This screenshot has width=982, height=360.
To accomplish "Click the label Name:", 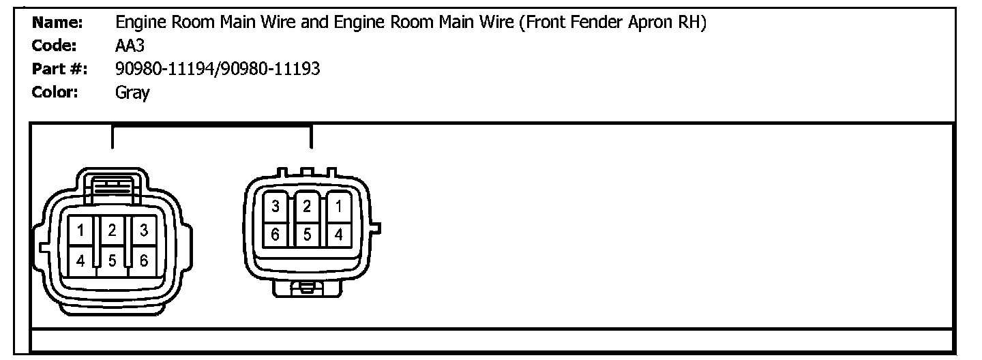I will click(x=58, y=22).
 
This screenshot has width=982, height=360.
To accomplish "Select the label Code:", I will click(x=55, y=46).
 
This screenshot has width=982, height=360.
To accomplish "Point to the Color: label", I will click(x=56, y=92).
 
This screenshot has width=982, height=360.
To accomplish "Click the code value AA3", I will click(x=129, y=46).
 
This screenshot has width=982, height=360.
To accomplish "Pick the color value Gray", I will click(x=132, y=92).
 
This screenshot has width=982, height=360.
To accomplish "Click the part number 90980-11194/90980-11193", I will click(x=218, y=69).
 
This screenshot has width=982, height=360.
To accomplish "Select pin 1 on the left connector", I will click(x=80, y=231).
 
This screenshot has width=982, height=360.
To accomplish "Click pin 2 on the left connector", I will click(x=113, y=231).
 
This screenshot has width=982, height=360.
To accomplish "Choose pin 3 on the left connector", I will click(x=144, y=231).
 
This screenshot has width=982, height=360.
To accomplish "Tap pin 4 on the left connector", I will click(x=80, y=260).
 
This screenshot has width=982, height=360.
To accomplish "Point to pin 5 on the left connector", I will click(x=113, y=260).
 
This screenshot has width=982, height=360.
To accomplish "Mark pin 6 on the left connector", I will click(x=144, y=260).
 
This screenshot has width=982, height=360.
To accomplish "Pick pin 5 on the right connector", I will click(x=308, y=235).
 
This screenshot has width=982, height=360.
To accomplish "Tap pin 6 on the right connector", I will click(x=276, y=235).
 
